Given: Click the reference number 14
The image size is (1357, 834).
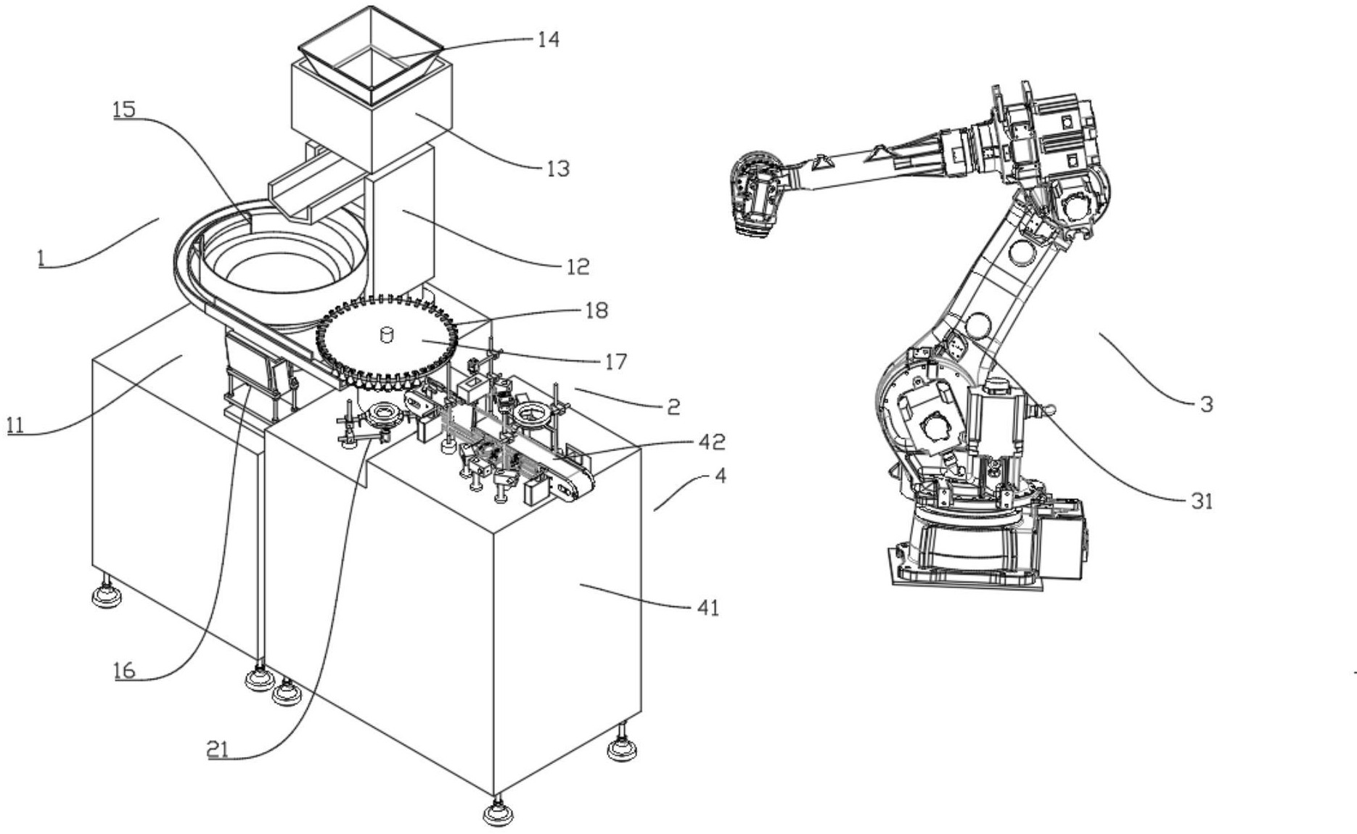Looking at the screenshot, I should click(x=548, y=38).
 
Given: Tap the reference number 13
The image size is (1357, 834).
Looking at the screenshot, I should click(x=557, y=168).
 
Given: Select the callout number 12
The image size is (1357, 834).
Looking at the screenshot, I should click(x=577, y=266).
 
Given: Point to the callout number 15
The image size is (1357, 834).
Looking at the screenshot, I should click(x=124, y=109).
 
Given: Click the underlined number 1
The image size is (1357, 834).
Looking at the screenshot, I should click(x=43, y=257).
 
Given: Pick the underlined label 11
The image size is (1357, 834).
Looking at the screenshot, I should click(x=15, y=424).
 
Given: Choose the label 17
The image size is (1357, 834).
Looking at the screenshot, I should click(x=615, y=360).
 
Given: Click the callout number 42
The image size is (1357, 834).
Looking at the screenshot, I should click(x=711, y=441).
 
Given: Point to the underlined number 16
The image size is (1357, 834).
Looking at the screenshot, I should click(x=124, y=670).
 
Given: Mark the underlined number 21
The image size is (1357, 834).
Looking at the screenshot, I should click(x=218, y=750).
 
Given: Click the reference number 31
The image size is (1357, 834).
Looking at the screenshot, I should click(x=1202, y=500).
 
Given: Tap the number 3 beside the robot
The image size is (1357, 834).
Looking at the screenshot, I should click(x=1206, y=404).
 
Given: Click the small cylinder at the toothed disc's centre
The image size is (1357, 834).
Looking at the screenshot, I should click(x=386, y=334).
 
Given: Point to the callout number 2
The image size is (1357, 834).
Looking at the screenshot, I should click(x=673, y=407).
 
